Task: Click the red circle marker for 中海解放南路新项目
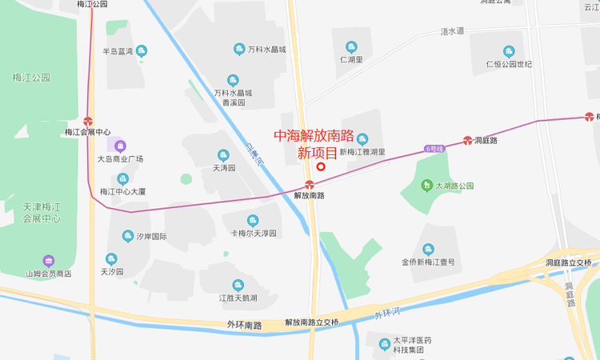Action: [x=321, y=167]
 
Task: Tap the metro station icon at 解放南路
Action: [x=310, y=185]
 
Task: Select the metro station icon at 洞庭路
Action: [x=468, y=141]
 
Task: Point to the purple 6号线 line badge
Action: [x=434, y=148]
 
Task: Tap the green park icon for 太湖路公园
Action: [x=428, y=186]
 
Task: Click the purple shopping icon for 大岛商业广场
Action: [x=120, y=146]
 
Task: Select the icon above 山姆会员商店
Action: [x=48, y=261]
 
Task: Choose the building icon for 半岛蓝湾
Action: [x=142, y=51]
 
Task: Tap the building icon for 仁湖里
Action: [x=351, y=46]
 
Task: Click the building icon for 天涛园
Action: [x=223, y=155]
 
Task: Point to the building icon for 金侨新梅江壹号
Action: [x=428, y=250]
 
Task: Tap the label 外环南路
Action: [x=244, y=326]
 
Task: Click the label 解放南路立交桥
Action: [x=312, y=322]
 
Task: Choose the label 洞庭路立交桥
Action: [x=568, y=262]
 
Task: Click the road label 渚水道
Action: [x=452, y=31]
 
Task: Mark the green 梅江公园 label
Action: [x=31, y=78]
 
